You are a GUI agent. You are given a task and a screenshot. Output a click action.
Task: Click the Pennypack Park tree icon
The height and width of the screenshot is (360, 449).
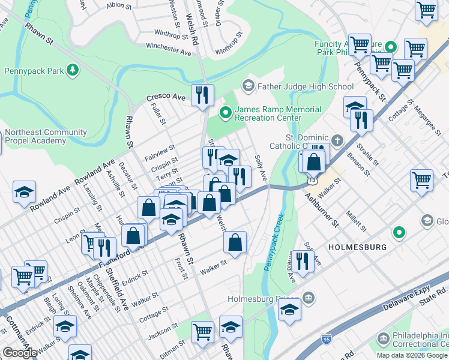[x=73, y=71]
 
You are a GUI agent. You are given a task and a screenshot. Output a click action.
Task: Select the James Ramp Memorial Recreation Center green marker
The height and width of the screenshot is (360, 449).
[x=226, y=111]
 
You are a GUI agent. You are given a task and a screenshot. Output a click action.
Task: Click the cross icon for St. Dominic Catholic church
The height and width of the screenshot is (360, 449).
[x=338, y=141]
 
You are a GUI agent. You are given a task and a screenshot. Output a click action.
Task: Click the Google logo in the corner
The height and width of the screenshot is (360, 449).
[x=20, y=353]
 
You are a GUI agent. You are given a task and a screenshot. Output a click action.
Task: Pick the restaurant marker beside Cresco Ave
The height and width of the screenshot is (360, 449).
[x=202, y=95]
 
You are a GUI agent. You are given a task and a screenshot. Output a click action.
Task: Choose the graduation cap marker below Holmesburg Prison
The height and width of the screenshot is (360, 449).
[x=289, y=310]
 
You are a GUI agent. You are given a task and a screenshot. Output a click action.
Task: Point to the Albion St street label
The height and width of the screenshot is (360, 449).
[x=119, y=5]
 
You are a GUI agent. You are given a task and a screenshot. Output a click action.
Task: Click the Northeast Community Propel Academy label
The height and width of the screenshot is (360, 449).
[x=36, y=136]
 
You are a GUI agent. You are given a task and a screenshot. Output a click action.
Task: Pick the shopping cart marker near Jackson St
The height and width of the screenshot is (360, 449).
[x=203, y=331]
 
